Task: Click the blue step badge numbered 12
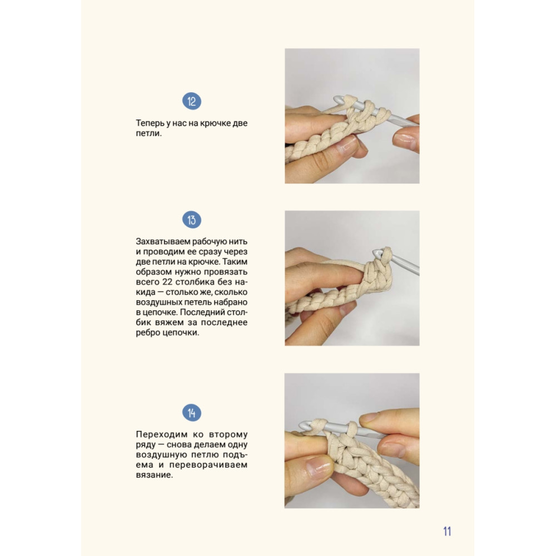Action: coord(191,101)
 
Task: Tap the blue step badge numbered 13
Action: coord(191,220)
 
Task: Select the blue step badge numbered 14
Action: coord(191,413)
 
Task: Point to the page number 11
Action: coord(447,531)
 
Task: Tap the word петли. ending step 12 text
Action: coord(148,133)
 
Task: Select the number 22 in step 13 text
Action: coord(167,282)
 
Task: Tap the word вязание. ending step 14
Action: coord(154,475)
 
